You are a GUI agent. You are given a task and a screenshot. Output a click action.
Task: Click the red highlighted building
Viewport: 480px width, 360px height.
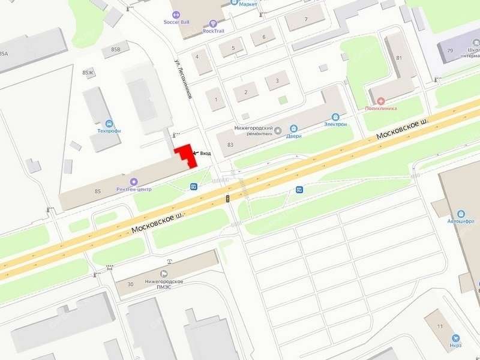186,155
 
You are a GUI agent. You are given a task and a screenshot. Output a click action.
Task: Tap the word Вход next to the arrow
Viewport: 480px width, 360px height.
205,154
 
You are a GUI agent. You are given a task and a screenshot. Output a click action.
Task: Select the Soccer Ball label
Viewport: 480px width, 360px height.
176,22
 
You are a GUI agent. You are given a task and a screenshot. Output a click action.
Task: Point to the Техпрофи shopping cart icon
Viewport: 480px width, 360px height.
109,123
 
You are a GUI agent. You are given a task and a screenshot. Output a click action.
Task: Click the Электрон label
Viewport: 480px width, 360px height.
335,124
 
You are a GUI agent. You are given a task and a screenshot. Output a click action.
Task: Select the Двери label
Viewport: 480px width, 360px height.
293,136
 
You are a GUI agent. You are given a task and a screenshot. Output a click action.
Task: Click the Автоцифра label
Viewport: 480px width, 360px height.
461,221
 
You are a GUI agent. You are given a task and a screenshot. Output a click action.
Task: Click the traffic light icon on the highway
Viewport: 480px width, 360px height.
228,198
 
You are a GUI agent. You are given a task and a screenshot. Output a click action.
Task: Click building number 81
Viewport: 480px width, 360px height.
398,58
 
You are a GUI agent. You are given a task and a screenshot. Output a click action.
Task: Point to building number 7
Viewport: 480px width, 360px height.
305,20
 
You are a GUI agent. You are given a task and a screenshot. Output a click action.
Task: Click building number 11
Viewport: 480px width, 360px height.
440,326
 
